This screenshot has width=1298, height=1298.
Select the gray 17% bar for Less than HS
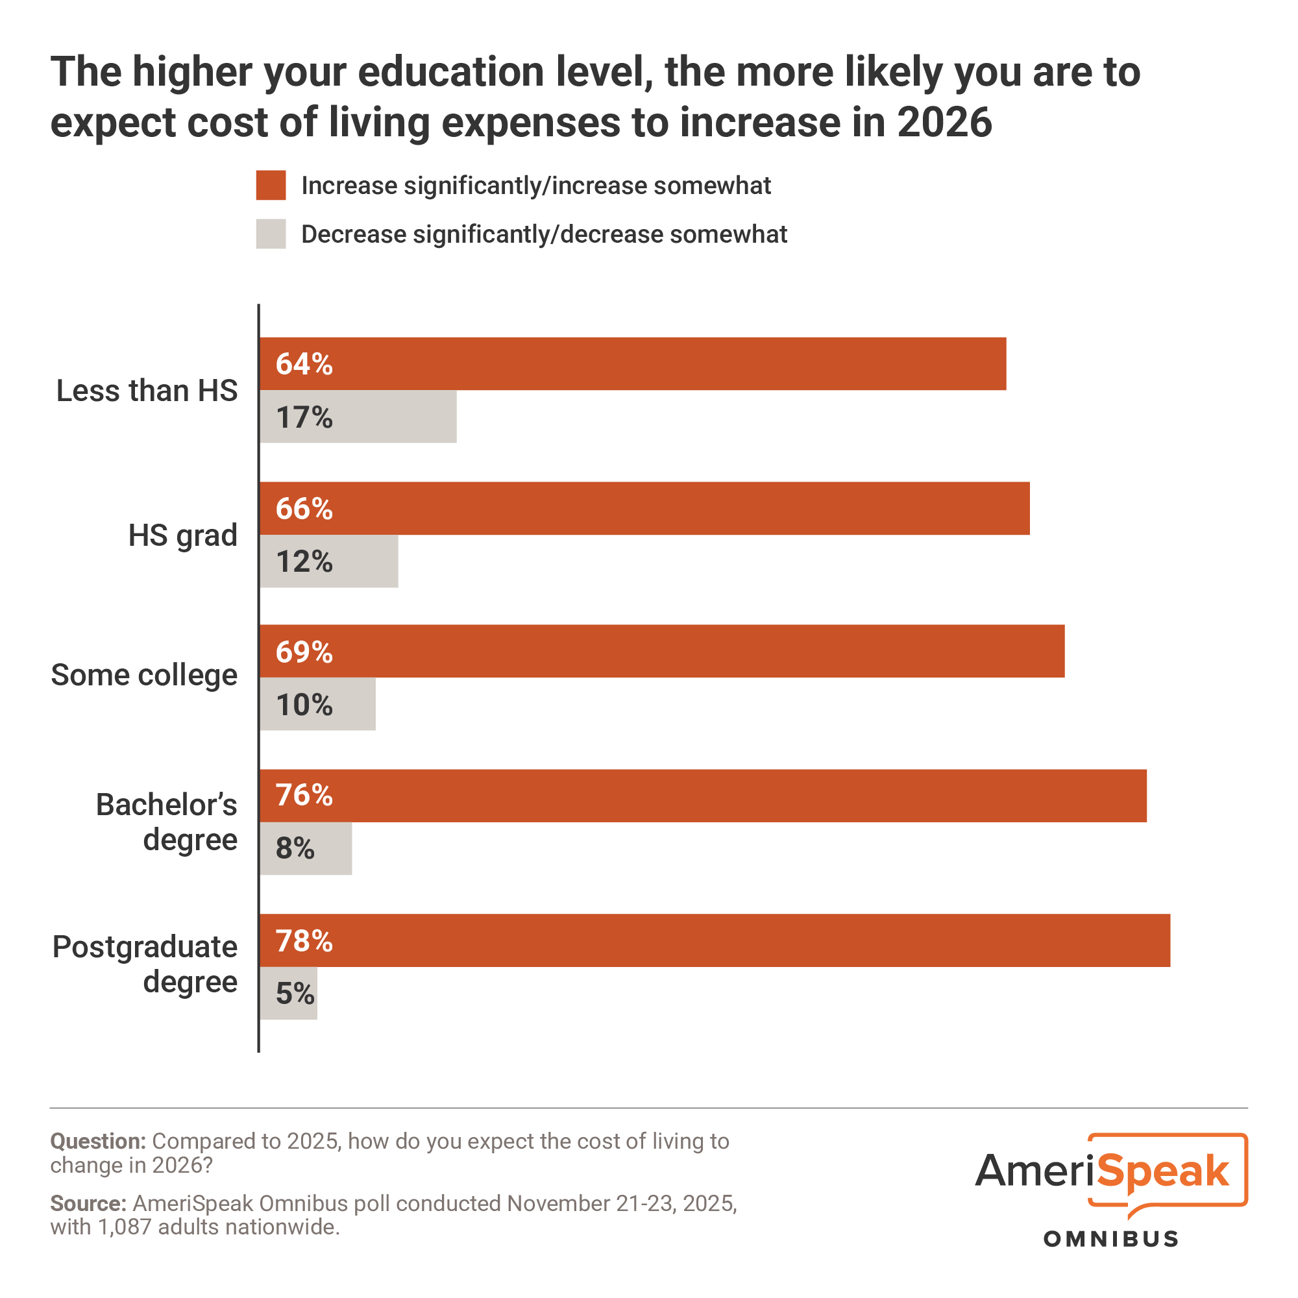coord(358,417)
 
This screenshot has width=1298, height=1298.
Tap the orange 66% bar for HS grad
coord(644,508)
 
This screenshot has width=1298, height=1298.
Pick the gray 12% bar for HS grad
coord(328,561)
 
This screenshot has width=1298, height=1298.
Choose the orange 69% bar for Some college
coord(662,651)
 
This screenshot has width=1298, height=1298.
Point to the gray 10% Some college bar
coord(317,704)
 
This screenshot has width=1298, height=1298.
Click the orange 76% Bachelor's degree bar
coord(703,796)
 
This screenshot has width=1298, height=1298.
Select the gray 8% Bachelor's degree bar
coord(306,848)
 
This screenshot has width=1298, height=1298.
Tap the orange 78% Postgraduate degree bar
coord(714,940)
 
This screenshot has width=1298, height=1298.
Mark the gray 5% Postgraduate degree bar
coord(288,993)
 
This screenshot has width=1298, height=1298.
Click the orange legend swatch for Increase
coord(271,186)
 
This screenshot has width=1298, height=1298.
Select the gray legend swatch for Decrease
coord(271,234)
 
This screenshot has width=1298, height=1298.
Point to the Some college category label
coord(145,675)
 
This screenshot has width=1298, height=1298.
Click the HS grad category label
coord(183,535)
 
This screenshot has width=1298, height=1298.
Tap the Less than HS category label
coord(147,390)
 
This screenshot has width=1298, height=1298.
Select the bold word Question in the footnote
coord(97,1142)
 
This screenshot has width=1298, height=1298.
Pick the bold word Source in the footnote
coord(88,1203)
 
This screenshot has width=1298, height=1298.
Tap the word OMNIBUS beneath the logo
coord(1110,1239)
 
